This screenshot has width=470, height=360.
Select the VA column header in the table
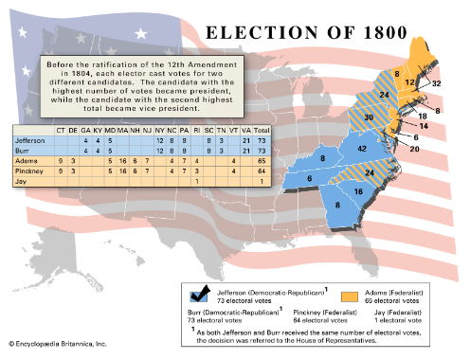coord(247,129)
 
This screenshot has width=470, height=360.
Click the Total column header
coord(263,129)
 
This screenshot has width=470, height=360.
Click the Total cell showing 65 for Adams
coord(263,160)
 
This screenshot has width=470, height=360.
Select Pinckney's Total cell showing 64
coord(263,171)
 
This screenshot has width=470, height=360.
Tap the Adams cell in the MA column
coord(123,160)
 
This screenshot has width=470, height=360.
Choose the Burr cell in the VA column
coord(247,150)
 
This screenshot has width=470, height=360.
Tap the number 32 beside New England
coord(437,82)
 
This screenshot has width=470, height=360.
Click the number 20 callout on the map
coord(414,148)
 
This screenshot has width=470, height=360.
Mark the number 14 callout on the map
coord(424,126)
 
